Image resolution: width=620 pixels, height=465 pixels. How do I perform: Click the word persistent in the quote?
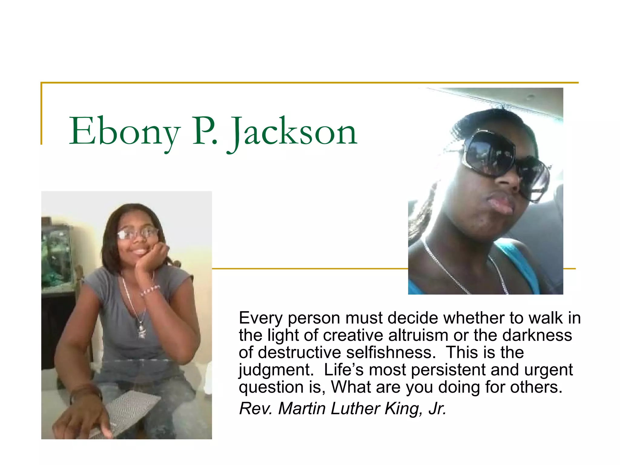448,370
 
